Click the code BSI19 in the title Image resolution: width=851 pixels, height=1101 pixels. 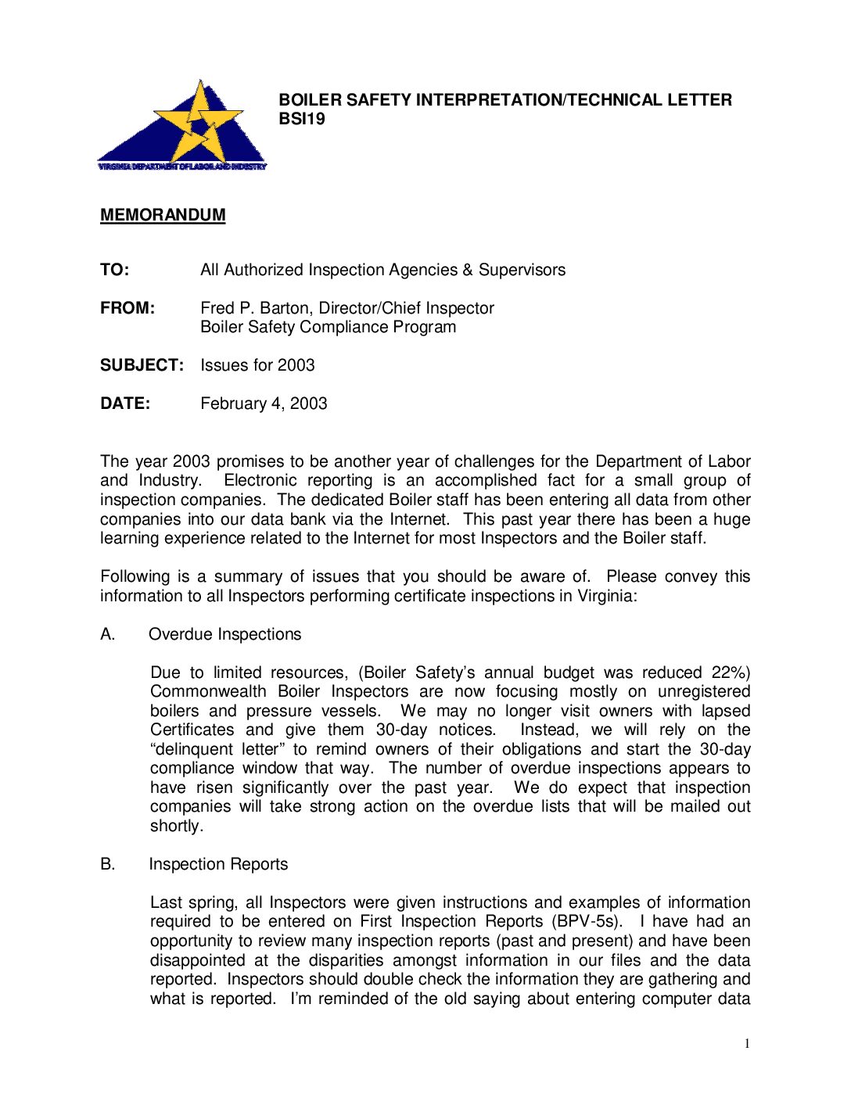pos(302,120)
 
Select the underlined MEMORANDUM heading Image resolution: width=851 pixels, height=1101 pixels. pos(163,215)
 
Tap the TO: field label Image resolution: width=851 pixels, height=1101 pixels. pos(115,270)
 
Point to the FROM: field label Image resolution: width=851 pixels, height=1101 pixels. pos(127,308)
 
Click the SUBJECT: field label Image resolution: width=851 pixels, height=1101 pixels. pos(142,365)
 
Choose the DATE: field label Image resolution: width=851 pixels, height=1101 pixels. pos(125,403)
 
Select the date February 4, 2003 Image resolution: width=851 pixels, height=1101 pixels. pos(264,403)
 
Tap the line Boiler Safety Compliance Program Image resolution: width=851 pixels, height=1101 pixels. pos(328,327)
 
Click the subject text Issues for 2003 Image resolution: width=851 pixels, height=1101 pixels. pos(257,365)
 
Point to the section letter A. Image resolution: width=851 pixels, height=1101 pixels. pos(107,634)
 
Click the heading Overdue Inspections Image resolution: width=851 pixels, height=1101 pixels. pos(224,634)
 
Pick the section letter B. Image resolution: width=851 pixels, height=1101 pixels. pos(107,864)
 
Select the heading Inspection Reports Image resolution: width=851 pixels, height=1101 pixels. pos(218,864)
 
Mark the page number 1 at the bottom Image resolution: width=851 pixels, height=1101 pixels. pos(747,1044)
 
